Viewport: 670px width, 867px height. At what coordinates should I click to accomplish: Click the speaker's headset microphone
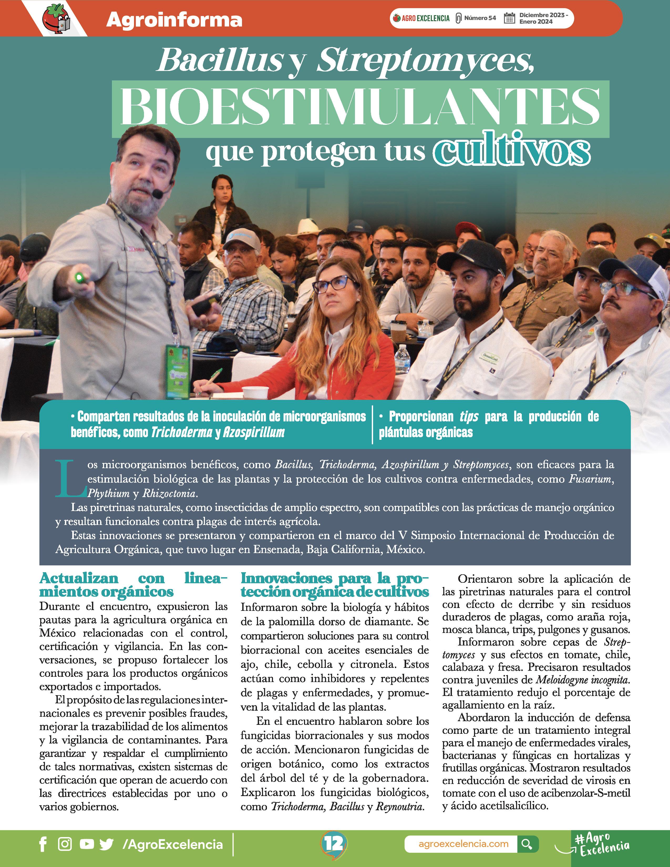point(158,194)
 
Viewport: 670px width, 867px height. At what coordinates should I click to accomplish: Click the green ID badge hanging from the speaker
point(177,371)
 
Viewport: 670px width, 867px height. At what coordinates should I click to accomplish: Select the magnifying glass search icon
point(527,844)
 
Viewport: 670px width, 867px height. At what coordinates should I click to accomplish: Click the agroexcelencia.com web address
point(463,844)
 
